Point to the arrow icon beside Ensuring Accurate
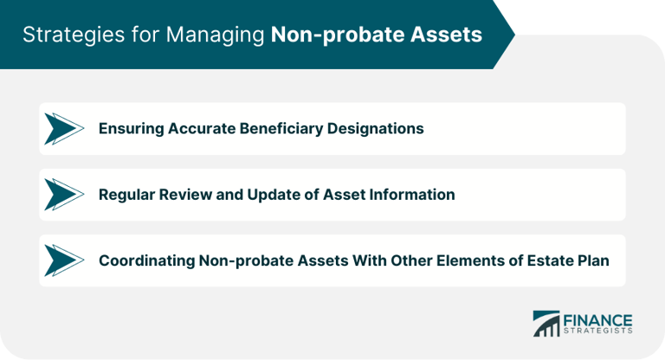[x=63, y=129]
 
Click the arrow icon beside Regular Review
[x=63, y=195]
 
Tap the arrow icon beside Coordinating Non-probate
[x=63, y=260]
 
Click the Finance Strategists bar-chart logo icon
[x=546, y=324]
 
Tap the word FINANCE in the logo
[x=598, y=319]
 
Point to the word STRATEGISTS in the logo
[x=598, y=331]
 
